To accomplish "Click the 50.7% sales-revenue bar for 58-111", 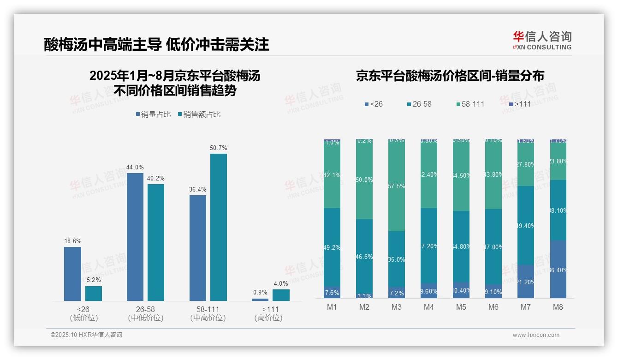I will (x=219, y=227).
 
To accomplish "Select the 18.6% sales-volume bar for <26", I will (x=72, y=274).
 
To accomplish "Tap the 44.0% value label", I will (x=135, y=168).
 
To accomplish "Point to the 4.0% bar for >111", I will (x=281, y=295).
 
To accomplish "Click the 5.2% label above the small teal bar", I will (x=93, y=280).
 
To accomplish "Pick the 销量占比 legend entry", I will (x=155, y=114).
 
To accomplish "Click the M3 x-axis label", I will (x=396, y=307).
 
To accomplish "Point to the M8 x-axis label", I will (x=558, y=307).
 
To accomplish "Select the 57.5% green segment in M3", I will (x=396, y=186).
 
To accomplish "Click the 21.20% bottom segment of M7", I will (x=525, y=282).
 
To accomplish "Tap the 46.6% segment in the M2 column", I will (x=364, y=256).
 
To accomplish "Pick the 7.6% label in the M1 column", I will (x=332, y=293).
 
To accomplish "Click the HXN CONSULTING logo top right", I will (x=542, y=41).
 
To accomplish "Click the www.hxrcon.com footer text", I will (x=535, y=335).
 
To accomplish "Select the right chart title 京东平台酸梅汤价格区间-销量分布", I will (x=450, y=76).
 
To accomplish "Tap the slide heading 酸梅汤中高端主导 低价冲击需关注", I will (x=156, y=45).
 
